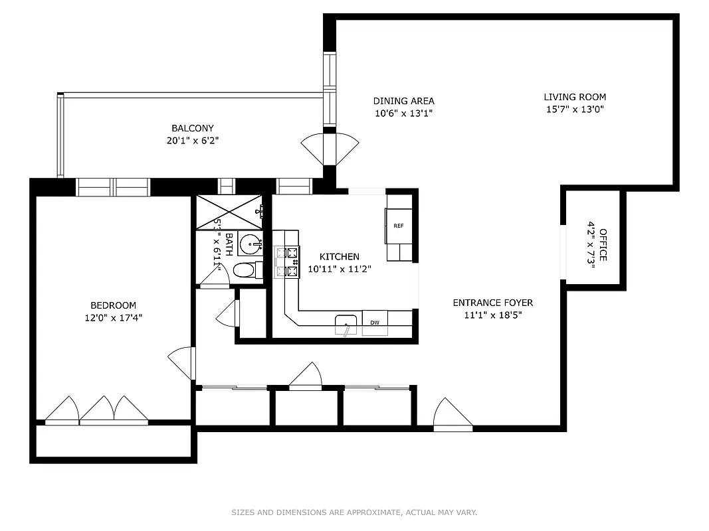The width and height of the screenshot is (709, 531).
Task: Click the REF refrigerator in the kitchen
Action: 398,226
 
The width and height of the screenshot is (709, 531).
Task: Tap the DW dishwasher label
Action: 374,323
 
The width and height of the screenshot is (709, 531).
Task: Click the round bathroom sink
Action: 251,243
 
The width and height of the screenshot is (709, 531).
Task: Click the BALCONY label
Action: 193,128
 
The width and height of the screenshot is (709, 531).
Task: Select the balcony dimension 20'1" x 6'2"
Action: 193,141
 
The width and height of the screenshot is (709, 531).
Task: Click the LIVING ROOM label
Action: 575,97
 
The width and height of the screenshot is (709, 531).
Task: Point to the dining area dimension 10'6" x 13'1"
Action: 403,113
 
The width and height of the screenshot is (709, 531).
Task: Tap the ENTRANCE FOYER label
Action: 492,303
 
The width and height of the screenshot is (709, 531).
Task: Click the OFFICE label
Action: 603,245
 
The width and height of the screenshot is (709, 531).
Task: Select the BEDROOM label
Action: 113,305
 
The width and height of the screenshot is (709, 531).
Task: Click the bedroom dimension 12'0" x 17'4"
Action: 113,317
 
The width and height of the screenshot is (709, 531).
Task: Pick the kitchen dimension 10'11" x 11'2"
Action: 339,269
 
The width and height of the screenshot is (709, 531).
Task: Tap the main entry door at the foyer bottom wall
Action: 452,414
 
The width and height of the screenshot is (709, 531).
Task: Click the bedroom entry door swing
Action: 181,363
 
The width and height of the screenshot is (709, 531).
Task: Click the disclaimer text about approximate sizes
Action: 354,512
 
